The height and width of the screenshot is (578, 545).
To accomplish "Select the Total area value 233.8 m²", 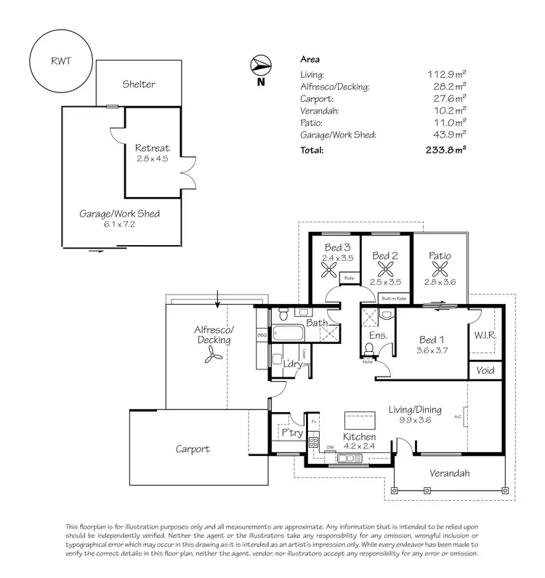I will coord(445,150).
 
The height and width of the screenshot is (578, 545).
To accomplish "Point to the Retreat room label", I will coord(152,148).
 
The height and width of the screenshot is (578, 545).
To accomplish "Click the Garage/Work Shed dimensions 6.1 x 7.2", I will coord(120,225).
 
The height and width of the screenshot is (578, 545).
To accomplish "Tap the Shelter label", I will coord(138,84).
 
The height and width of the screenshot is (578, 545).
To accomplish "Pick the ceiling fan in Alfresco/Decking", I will coord(212,354).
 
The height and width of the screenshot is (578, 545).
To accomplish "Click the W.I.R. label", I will coord(485,336).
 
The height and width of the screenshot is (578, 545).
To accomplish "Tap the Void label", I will coord(485,370).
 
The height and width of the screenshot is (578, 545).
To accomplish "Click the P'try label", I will coord(291,433).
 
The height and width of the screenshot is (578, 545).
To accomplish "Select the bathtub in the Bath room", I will coord(290,336).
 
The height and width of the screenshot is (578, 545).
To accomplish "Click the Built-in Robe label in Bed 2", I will coord(392,298).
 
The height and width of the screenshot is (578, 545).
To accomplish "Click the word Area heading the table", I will coord(310,60).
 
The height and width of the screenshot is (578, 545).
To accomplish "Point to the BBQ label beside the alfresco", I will coord(262,335).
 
